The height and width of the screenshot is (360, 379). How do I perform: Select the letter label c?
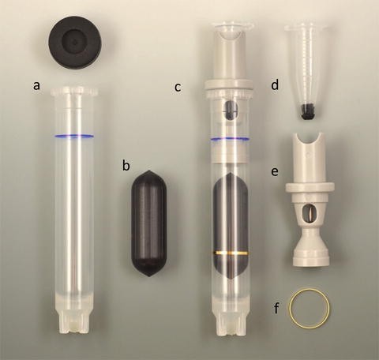[x=178, y=86]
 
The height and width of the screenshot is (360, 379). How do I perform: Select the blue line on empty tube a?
[x=73, y=137]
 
